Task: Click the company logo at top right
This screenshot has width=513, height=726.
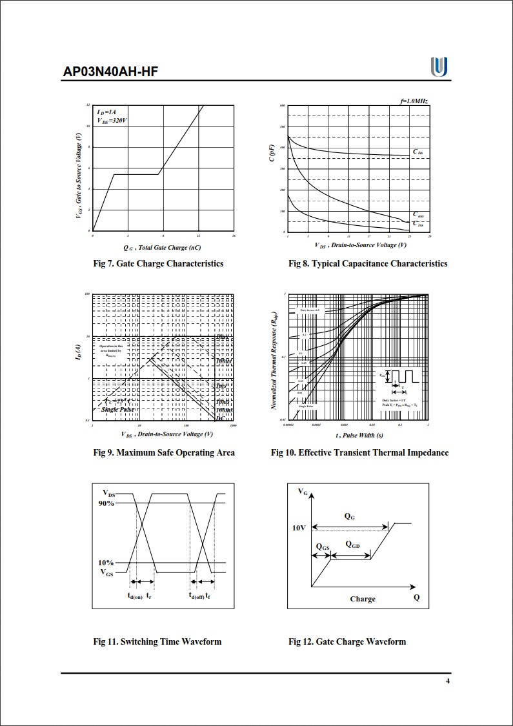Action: [439, 66]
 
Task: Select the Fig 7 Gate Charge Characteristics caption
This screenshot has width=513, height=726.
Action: [158, 263]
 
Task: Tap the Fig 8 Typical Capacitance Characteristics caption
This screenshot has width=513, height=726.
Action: [368, 263]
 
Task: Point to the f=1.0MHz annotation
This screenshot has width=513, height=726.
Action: [414, 102]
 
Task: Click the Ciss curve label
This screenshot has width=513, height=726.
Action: [418, 152]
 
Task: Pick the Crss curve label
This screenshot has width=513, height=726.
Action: [418, 223]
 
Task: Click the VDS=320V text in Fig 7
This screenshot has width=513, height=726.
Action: [113, 121]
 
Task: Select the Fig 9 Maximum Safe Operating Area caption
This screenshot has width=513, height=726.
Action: [164, 452]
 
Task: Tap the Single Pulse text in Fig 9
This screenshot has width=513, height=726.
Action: [118, 410]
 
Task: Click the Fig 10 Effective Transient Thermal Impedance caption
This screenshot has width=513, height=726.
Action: [359, 452]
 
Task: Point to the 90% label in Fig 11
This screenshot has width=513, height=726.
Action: [106, 503]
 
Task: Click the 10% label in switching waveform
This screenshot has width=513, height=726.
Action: [106, 563]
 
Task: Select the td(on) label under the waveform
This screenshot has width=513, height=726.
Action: [135, 596]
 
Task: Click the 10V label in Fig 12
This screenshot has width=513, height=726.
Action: [298, 528]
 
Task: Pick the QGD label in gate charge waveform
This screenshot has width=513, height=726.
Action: [352, 545]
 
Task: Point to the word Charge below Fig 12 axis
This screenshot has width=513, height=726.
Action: [363, 599]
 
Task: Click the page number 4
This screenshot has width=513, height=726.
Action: [448, 681]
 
